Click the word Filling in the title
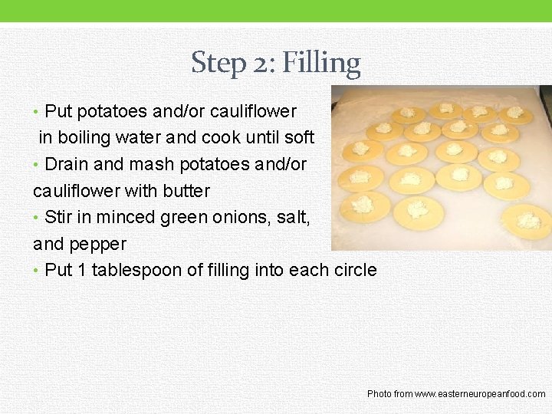point(321,64)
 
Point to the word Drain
point(67,164)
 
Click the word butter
point(186,191)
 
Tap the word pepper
point(98,245)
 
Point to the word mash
point(152,164)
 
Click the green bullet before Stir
point(35,218)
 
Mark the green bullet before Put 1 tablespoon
point(35,271)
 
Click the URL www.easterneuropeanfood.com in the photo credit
point(480,394)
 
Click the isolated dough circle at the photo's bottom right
point(526,222)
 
